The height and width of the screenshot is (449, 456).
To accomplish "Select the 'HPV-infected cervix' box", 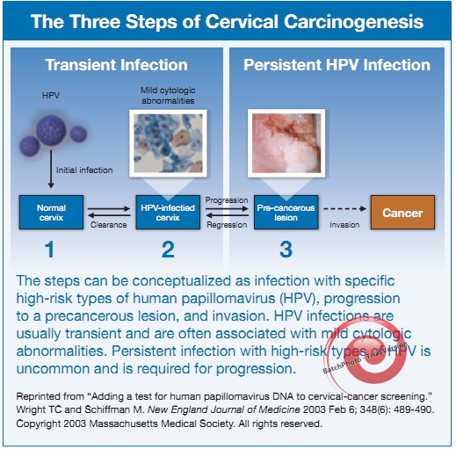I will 167,212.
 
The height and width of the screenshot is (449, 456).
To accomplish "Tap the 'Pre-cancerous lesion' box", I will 286,212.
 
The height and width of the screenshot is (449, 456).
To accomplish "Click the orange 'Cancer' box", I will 402,212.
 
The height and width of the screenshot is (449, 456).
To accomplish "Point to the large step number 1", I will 50,250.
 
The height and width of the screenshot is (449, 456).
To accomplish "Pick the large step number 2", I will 168,250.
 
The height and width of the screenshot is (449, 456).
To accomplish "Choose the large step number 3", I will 286,250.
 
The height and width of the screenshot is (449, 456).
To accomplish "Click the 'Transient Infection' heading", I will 116,65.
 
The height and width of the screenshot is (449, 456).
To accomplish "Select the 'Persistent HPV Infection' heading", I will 337,65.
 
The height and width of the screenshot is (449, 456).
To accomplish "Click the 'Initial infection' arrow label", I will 83,170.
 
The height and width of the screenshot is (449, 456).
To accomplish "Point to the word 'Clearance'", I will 108,224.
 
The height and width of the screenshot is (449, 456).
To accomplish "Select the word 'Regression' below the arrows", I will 227,224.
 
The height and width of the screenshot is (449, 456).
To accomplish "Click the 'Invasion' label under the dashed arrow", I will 344,225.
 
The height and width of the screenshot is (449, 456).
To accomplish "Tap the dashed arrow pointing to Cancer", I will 344,212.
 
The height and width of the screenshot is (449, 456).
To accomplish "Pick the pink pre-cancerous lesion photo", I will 286,142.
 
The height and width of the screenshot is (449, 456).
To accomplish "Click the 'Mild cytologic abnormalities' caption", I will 169,95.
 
